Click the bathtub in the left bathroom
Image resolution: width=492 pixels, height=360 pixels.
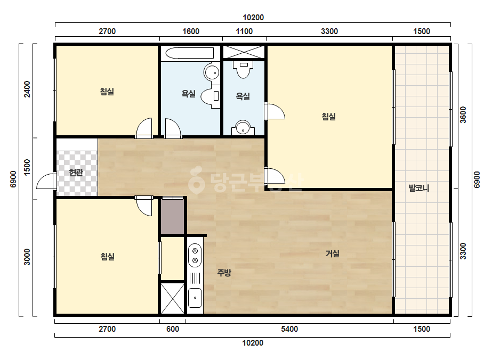(x=190, y=53)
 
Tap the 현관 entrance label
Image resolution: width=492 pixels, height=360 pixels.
(x=76, y=172)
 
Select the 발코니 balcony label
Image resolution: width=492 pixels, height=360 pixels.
(x=419, y=188)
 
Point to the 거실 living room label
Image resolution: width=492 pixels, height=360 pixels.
(x=333, y=253)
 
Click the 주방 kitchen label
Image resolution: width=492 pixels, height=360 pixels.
(x=224, y=272)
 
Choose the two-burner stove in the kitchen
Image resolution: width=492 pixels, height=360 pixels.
(x=195, y=255)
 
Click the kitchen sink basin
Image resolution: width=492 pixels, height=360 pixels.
(x=195, y=298)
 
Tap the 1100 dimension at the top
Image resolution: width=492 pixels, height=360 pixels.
(x=244, y=31)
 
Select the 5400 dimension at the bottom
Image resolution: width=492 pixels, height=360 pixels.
(x=289, y=329)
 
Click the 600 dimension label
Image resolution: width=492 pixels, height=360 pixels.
(x=173, y=329)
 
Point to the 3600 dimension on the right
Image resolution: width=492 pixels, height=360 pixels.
(x=463, y=115)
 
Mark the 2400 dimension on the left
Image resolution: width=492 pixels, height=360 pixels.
(x=28, y=89)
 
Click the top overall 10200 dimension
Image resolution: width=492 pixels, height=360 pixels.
(x=253, y=18)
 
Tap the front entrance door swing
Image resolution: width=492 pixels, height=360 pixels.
(x=46, y=181)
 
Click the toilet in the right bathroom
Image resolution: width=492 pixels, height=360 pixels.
(x=243, y=69)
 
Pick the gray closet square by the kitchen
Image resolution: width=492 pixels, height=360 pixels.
(x=172, y=216)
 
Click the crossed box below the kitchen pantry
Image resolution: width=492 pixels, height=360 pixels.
(x=172, y=298)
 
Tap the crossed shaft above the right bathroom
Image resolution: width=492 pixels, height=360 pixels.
(x=244, y=52)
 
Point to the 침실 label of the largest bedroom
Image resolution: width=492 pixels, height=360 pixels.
(x=329, y=116)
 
